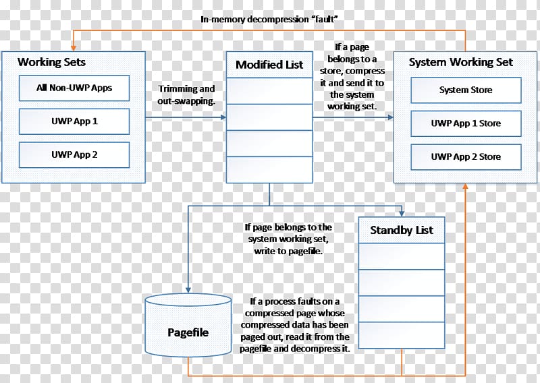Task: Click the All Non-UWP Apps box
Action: click(x=74, y=88)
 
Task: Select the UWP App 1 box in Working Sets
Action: click(x=74, y=121)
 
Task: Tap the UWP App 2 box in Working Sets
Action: click(x=74, y=155)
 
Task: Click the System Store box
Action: click(x=466, y=90)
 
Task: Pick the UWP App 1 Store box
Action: click(x=466, y=123)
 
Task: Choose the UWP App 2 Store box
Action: click(x=466, y=157)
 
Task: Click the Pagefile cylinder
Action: click(x=188, y=325)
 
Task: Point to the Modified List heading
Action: click(x=269, y=65)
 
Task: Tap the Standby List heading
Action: click(x=402, y=230)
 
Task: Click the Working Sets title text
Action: click(x=52, y=62)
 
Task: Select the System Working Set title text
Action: click(x=461, y=62)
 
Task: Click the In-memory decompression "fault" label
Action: click(x=269, y=20)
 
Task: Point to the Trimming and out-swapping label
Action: click(x=186, y=94)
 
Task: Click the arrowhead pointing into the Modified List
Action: click(x=223, y=117)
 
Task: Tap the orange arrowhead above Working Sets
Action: click(x=73, y=49)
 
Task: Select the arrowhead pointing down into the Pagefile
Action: click(x=188, y=290)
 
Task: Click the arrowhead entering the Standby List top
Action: click(x=402, y=214)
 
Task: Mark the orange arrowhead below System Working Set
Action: click(x=465, y=186)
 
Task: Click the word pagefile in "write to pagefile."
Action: click(x=305, y=252)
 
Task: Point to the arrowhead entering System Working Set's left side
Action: click(x=391, y=117)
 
